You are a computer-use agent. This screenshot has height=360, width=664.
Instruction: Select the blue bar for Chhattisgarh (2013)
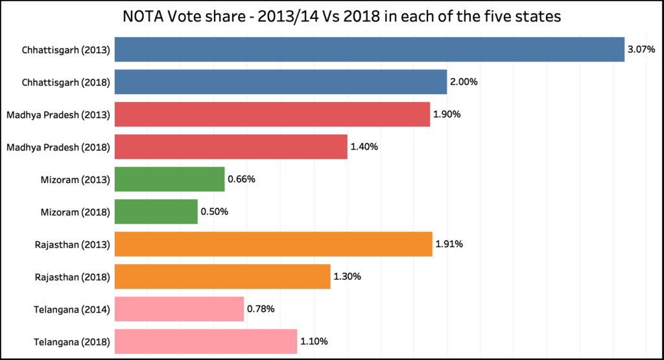pyautogui.click(x=369, y=49)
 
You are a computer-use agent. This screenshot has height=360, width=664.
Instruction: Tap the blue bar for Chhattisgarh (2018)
pyautogui.click(x=280, y=82)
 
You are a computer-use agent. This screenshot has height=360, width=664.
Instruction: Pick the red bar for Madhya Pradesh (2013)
pyautogui.click(x=272, y=114)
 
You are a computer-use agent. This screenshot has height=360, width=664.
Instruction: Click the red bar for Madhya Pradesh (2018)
pyautogui.click(x=231, y=147)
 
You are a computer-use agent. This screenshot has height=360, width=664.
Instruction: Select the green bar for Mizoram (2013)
pyautogui.click(x=169, y=179)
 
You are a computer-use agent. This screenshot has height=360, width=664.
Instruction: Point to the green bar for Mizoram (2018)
pyautogui.click(x=156, y=211)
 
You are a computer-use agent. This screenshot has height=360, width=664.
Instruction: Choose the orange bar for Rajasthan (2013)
pyautogui.click(x=273, y=244)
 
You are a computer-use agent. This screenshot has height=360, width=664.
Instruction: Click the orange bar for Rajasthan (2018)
pyautogui.click(x=222, y=276)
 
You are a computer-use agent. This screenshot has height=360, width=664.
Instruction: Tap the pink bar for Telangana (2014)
pyautogui.click(x=179, y=309)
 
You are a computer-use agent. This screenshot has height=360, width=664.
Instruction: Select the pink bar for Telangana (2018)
pyautogui.click(x=206, y=341)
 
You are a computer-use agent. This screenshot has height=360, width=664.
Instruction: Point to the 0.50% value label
pyautogui.click(x=214, y=211)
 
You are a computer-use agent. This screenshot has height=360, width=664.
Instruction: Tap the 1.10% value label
pyautogui.click(x=314, y=341)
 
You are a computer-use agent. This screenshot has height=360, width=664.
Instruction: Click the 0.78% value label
pyautogui.click(x=261, y=309)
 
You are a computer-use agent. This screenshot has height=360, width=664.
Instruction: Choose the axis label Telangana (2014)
pyautogui.click(x=71, y=309)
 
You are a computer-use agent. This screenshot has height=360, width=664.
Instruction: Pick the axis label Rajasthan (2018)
pyautogui.click(x=72, y=276)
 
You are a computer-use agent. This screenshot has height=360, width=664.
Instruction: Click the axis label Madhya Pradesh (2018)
pyautogui.click(x=58, y=147)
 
